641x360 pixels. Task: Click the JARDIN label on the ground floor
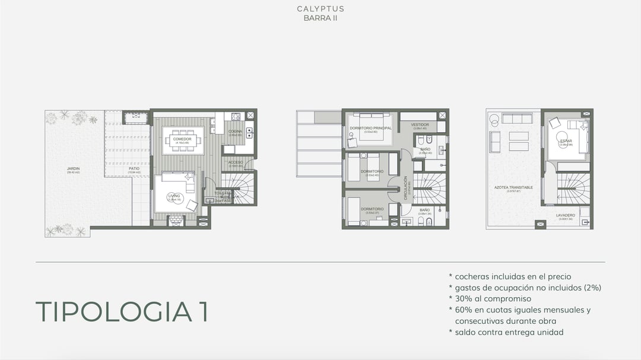tap(74, 169)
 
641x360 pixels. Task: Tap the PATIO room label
tap(135, 169)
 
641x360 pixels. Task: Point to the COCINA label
tap(235, 131)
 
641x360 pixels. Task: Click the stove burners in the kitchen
tap(235, 116)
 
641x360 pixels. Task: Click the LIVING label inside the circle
tap(173, 195)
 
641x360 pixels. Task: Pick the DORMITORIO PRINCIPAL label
tap(371, 128)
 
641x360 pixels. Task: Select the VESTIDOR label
tap(419, 125)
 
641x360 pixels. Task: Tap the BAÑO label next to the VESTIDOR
tap(425, 149)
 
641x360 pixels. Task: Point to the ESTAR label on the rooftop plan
tap(566, 141)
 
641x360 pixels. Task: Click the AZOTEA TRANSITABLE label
tap(513, 187)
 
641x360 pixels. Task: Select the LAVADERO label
tap(566, 215)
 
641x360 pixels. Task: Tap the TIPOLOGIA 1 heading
tap(122, 312)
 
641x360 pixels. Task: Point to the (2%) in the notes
tap(591, 288)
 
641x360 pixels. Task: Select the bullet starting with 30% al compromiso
tap(490, 299)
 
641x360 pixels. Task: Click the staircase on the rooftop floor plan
tap(573, 189)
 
